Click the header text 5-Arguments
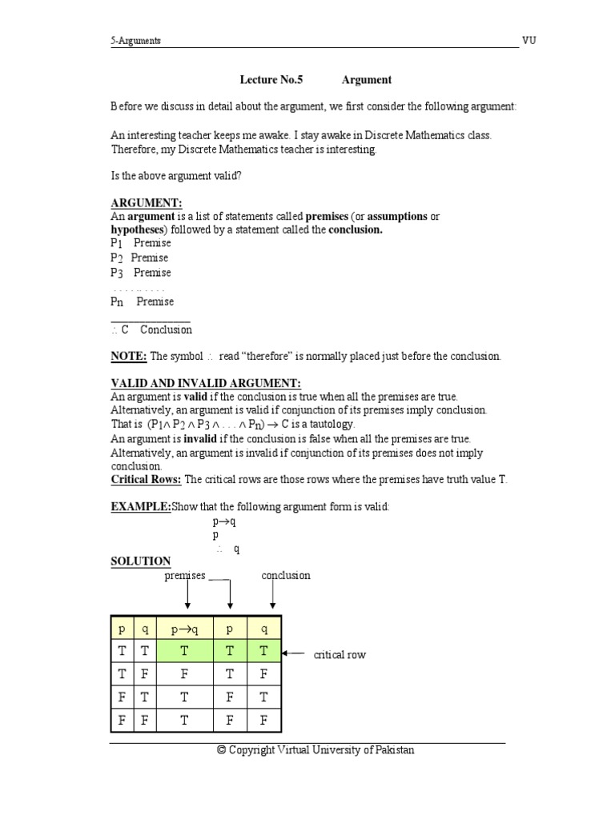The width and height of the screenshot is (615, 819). click(x=136, y=41)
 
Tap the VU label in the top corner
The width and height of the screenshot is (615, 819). click(x=530, y=41)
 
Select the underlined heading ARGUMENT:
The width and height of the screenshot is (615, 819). click(x=147, y=203)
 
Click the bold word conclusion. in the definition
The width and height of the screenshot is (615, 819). click(x=352, y=230)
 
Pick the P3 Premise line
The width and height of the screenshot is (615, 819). click(x=141, y=272)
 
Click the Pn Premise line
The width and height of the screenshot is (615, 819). click(x=142, y=302)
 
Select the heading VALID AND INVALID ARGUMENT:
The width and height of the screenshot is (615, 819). click(x=206, y=384)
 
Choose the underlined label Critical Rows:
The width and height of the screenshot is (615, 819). click(x=146, y=480)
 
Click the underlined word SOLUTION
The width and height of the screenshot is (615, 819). click(x=141, y=561)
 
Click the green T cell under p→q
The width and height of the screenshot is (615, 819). click(x=184, y=652)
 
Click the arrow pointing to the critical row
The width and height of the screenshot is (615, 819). click(x=295, y=653)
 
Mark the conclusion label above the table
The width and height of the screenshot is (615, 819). click(x=285, y=575)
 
